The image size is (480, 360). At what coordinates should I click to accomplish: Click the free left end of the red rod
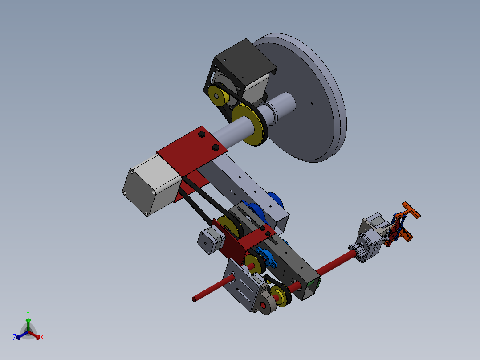195,299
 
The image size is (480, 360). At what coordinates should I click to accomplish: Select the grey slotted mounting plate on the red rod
241,285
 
